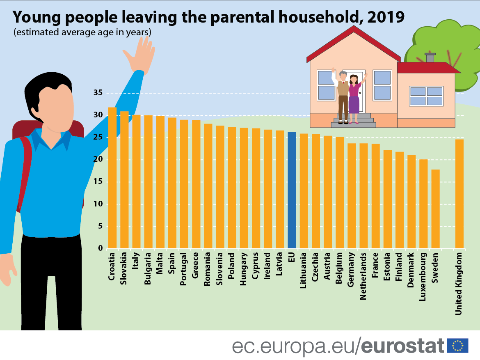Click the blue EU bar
point(292,190)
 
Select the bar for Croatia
point(112,178)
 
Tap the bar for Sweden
point(435,209)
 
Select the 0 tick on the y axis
point(99,248)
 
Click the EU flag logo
point(457,346)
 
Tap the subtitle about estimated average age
point(82,32)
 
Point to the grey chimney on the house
point(430,57)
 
